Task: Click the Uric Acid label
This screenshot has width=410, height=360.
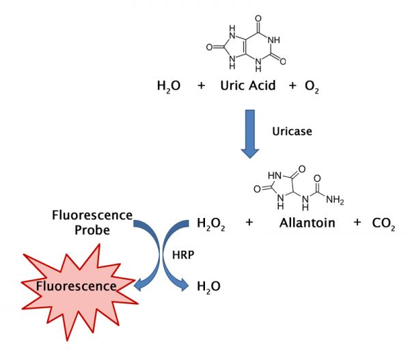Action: point(248,85)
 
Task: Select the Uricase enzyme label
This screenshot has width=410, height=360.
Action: point(292,131)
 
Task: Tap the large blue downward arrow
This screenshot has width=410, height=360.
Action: point(250,134)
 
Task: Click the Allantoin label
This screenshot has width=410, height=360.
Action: point(307,223)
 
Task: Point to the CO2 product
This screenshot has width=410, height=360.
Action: point(383,224)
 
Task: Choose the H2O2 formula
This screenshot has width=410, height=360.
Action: point(210,224)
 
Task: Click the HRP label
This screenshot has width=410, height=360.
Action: point(183,255)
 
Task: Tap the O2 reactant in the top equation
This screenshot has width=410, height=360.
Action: point(312,87)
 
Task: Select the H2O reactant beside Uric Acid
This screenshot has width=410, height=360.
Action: point(169,87)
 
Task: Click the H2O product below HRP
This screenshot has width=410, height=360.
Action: point(208,287)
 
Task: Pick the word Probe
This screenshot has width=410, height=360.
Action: point(92,231)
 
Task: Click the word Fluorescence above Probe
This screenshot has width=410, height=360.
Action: point(92,215)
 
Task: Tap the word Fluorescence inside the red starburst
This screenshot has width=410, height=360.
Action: point(76,286)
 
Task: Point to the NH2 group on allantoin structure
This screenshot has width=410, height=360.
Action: point(335,200)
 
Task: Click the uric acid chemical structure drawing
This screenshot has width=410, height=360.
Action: point(246,44)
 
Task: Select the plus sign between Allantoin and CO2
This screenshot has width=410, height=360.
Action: point(357,223)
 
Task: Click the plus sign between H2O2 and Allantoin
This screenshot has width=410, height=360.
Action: point(249,223)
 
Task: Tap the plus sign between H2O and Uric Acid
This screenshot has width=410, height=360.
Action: point(201,85)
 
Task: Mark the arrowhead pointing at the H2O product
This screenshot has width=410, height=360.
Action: point(184,286)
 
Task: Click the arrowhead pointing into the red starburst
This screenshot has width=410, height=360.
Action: point(139,284)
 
